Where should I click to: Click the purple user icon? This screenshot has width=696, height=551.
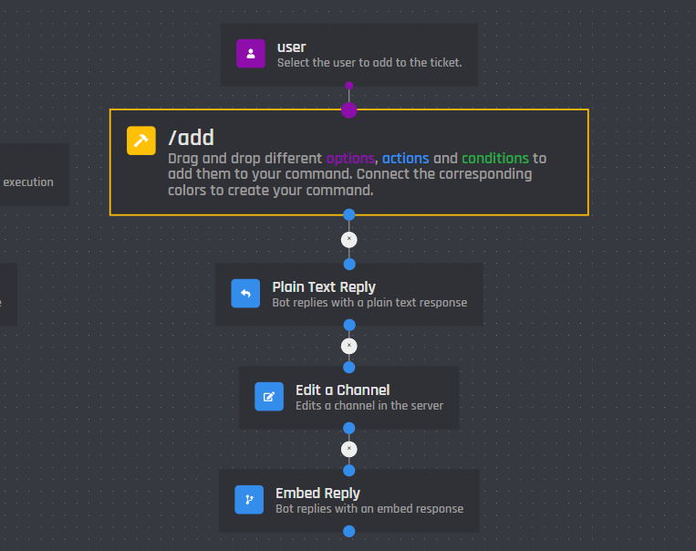[251, 54]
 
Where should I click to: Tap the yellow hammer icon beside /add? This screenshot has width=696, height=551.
[141, 140]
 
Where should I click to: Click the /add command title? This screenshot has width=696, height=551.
[191, 138]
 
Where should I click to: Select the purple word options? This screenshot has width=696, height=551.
[350, 158]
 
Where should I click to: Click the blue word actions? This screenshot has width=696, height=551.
[405, 158]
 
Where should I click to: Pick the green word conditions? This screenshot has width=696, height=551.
[494, 158]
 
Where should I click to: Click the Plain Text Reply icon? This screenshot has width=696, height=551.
[245, 294]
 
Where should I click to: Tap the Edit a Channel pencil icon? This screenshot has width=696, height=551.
[269, 397]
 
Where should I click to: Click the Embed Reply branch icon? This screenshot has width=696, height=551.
[249, 500]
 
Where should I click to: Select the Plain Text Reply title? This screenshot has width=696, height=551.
[324, 286]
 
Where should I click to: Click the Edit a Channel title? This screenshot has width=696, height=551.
[342, 390]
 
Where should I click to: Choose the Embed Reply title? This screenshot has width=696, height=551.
[317, 493]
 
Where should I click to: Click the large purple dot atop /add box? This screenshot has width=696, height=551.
[348, 110]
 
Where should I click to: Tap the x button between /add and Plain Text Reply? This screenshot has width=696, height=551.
[348, 240]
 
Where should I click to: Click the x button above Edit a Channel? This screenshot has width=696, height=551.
[348, 346]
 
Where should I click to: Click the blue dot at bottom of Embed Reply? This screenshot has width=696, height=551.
[348, 532]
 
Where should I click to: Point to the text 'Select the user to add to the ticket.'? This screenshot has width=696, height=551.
[369, 63]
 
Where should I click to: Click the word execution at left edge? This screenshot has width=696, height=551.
[28, 182]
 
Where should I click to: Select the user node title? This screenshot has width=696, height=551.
[292, 47]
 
